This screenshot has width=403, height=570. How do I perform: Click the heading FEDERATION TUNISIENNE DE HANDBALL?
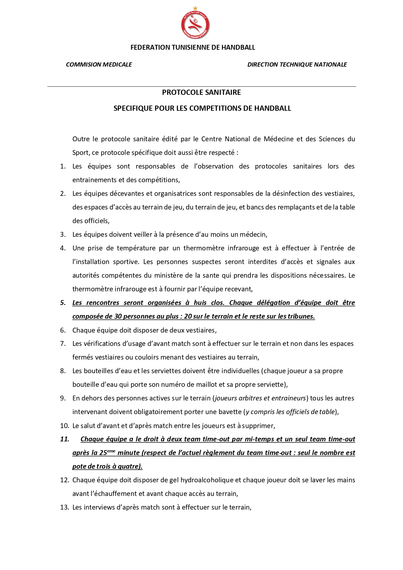coord(193,47)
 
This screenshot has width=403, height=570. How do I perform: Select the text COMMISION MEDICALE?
coord(99,65)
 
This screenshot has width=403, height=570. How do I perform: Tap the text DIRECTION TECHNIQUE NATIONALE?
coord(297,65)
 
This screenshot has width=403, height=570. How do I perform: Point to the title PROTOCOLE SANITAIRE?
coord(201,93)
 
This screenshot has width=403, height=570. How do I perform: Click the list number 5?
coord(63,303)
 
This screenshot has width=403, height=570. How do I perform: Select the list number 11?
coord(65,439)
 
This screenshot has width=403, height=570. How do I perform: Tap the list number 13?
coord(65,507)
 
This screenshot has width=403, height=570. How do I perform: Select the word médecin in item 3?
coord(255,234)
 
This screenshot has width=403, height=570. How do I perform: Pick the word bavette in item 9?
coord(230,412)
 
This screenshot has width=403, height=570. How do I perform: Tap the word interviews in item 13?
coord(99,507)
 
